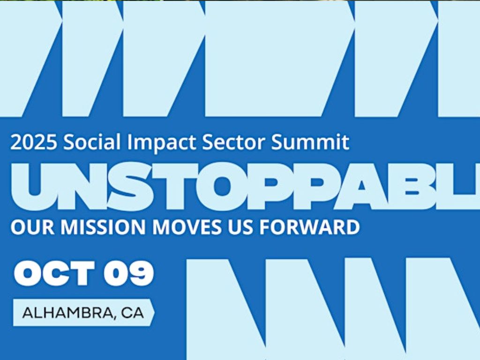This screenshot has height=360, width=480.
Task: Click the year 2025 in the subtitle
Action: (x=34, y=142)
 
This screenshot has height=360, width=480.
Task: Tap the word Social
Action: (x=92, y=142)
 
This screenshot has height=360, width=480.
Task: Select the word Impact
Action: (x=161, y=142)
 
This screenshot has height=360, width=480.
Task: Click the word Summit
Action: (x=310, y=142)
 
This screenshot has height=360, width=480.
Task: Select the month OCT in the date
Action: (x=54, y=273)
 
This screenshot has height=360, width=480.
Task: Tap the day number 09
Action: (x=128, y=273)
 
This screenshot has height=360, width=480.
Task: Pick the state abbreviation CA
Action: (x=132, y=313)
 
